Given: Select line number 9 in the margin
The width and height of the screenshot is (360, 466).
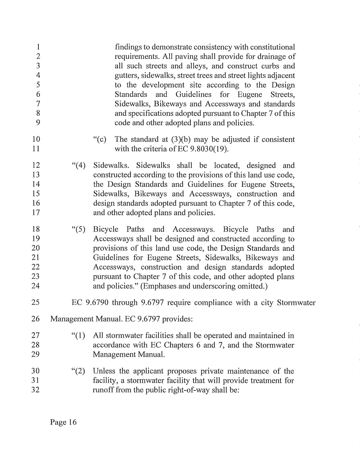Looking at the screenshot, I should coord(39,122).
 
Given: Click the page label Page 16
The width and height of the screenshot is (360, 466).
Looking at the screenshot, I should coord(63,422).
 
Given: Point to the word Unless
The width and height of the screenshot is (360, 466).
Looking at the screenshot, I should coord(105,371).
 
